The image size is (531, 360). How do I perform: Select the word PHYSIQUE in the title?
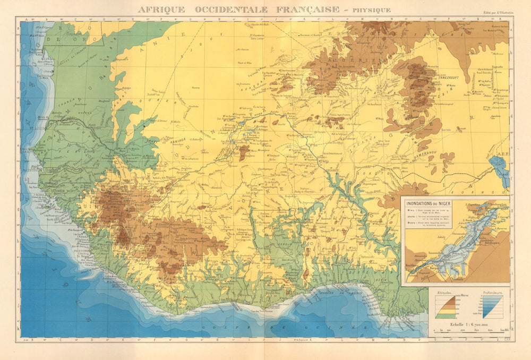pyautogui.click(x=371, y=10)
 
